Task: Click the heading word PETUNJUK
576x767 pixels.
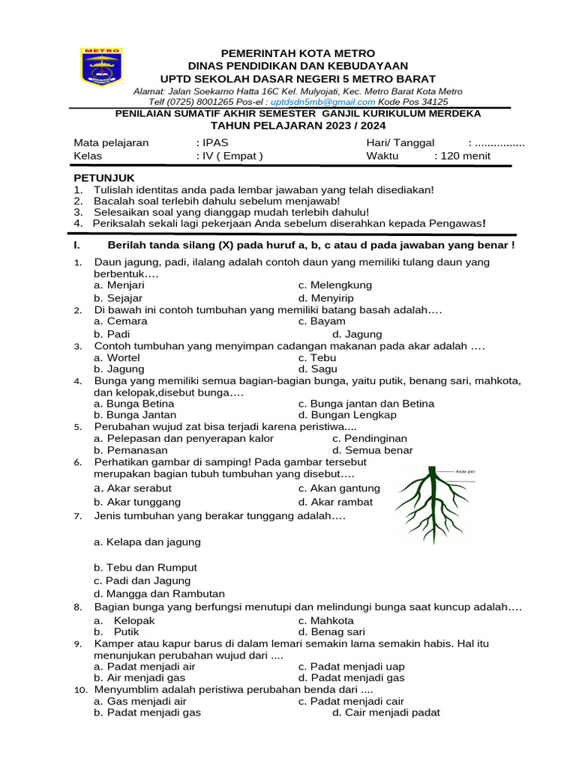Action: pyautogui.click(x=103, y=178)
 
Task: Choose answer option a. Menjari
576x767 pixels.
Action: pyautogui.click(x=119, y=285)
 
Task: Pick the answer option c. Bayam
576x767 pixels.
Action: pyautogui.click(x=322, y=321)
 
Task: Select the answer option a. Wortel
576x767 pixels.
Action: pyautogui.click(x=117, y=358)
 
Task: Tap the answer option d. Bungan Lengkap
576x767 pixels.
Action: pyautogui.click(x=347, y=414)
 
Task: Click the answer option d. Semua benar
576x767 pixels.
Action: pyautogui.click(x=373, y=450)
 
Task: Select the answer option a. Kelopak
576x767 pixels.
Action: pyautogui.click(x=124, y=620)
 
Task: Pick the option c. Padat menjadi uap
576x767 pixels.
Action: pyautogui.click(x=351, y=666)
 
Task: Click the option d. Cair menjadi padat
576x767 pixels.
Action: pyautogui.click(x=385, y=712)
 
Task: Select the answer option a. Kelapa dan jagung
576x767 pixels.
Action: pyautogui.click(x=147, y=542)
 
